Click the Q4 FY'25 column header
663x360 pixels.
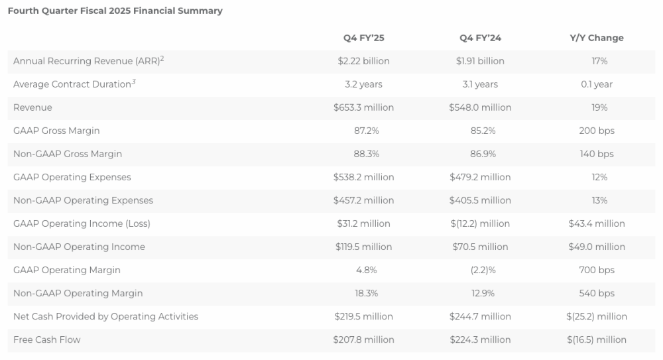coord(363,38)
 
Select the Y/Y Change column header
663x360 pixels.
coord(597,38)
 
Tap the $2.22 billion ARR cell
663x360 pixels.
coord(363,61)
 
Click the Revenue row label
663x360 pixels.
coord(32,107)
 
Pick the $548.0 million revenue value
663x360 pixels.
coord(480,107)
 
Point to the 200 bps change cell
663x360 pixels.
coord(597,131)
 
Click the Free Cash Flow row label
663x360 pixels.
coord(46,339)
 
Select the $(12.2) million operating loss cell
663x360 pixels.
coord(480,223)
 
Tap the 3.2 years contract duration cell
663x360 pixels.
coord(363,84)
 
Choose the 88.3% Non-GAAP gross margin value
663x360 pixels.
coord(363,154)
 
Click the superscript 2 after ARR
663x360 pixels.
coord(162,58)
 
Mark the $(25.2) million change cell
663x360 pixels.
coord(597,316)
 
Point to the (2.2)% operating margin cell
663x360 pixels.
coord(480,270)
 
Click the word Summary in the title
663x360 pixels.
coord(202,11)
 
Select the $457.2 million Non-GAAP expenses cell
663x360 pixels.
coord(363,200)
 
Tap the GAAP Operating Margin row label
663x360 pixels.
coord(67,270)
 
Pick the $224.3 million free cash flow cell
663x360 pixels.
coord(480,339)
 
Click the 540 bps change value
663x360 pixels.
coord(597,293)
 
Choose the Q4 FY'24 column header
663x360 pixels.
coord(480,38)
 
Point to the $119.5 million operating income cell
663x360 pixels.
coord(363,247)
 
